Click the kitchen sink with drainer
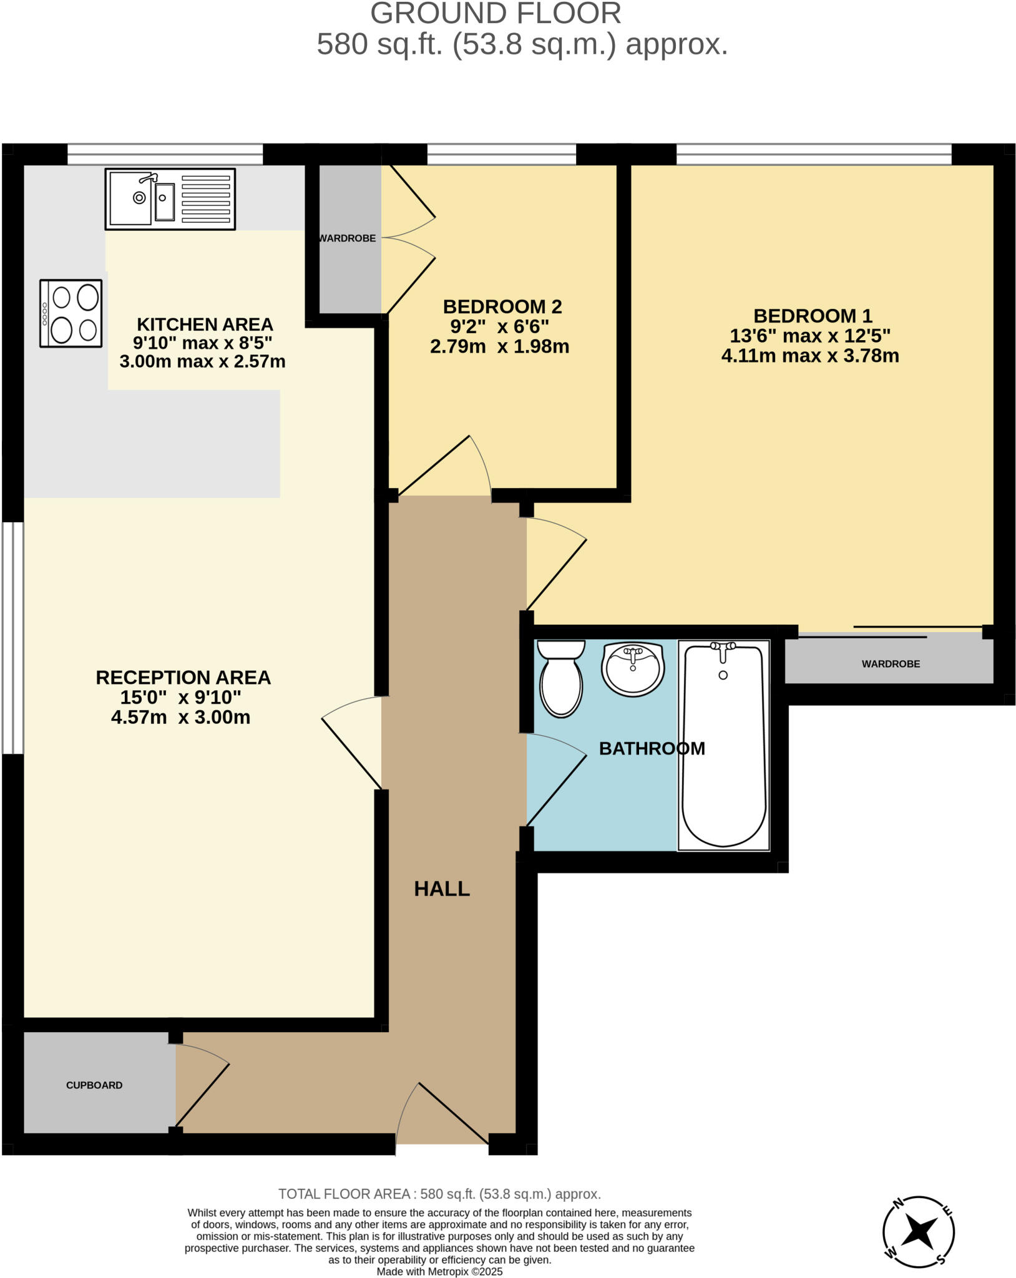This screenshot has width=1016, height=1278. click(170, 198)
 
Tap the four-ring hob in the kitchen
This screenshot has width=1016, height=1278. click(71, 313)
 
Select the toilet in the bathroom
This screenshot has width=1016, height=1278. click(561, 679)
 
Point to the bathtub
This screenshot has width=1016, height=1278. click(723, 746)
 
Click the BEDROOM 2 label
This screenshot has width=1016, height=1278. click(502, 306)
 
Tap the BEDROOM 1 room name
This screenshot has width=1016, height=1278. click(813, 316)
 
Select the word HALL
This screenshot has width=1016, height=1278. click(442, 889)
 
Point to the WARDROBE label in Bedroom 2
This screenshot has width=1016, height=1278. click(347, 238)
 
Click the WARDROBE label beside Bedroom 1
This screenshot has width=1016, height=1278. click(891, 664)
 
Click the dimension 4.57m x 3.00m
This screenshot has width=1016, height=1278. click(180, 717)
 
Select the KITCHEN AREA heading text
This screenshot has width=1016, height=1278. click(205, 324)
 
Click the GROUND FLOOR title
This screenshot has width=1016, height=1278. click(496, 14)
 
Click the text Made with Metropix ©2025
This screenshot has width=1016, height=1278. click(439, 1272)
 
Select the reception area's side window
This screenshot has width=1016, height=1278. click(12, 638)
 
